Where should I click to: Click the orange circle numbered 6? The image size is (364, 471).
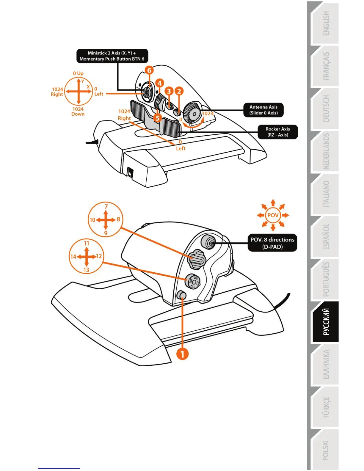point(149,70)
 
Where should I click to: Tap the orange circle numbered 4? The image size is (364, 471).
point(159,83)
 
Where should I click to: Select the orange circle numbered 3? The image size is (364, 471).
point(169,91)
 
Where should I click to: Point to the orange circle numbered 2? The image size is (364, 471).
point(179,91)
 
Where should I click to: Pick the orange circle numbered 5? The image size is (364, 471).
point(158,118)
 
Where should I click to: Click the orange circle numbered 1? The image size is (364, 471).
point(182,354)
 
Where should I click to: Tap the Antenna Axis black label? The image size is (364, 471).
point(263,110)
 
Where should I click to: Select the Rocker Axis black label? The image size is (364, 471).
point(277,132)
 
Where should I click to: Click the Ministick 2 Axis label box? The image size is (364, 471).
point(112,56)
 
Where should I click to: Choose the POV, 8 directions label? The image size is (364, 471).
point(272,243)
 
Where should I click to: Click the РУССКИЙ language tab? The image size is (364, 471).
point(326,322)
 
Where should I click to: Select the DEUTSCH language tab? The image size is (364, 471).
point(326,109)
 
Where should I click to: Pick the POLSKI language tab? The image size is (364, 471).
point(326,450)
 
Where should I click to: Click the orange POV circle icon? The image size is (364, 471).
point(273,215)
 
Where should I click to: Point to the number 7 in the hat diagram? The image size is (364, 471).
point(106,206)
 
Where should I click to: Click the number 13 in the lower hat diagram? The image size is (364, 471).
point(86,270)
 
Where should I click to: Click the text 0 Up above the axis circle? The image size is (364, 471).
point(78,73)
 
